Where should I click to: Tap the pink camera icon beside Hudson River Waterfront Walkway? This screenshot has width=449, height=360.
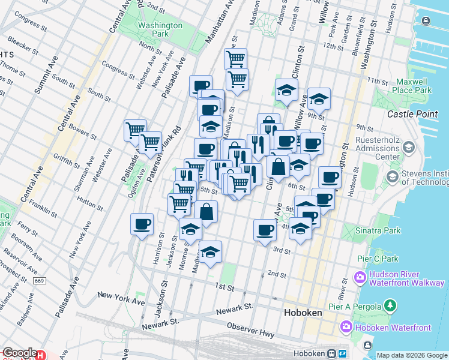pos(360,278)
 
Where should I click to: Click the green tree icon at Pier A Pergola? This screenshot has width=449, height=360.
pos(391,306)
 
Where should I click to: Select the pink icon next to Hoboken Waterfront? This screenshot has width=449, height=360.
pos(346,327)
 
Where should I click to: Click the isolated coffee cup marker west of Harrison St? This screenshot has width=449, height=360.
pos(142,225)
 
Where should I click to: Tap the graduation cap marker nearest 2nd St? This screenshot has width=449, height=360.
pos(211,253)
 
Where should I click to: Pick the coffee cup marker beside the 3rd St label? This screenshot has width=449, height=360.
pos(265,230)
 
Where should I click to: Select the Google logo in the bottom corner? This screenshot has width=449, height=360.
pos(20,353)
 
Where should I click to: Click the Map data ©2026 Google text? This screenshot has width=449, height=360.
pos(412,355)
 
